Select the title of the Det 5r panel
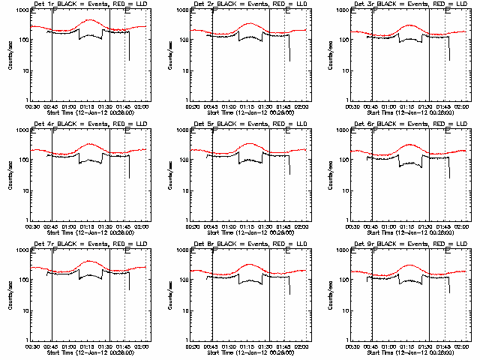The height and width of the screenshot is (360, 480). tap(243, 124)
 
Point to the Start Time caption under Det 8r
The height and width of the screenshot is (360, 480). tap(244, 353)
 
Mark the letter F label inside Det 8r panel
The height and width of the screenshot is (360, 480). tap(214, 251)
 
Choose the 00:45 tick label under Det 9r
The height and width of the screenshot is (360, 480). tap(370, 347)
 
